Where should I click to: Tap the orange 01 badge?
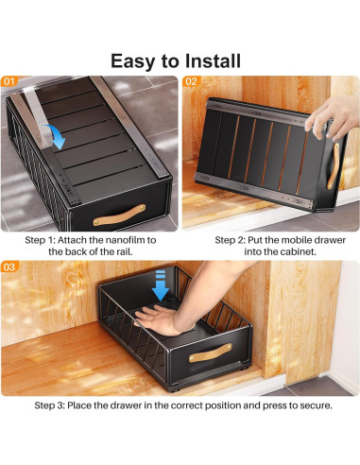click(x=10, y=81)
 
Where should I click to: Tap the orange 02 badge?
click(x=192, y=81)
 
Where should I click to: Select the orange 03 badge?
click(x=10, y=267)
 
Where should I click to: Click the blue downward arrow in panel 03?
click(x=160, y=284)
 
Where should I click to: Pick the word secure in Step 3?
click(x=309, y=405)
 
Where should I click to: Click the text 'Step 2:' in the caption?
click(x=231, y=240)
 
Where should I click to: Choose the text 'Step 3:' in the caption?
click(x=51, y=405)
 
